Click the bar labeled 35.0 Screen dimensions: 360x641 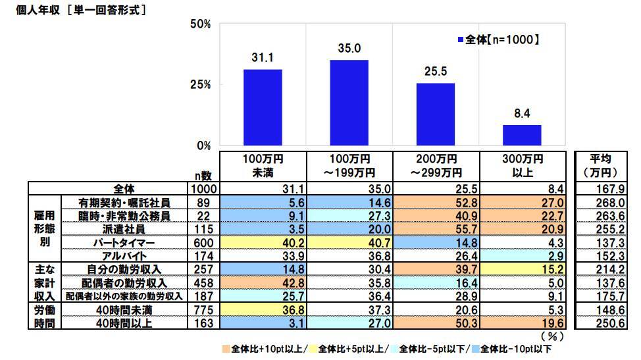[349, 103]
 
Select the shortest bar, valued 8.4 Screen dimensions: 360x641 [522, 135]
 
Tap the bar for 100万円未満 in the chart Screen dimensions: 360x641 [263, 107]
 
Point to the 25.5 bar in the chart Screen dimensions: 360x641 [436, 114]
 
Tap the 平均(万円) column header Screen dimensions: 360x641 [597, 166]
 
